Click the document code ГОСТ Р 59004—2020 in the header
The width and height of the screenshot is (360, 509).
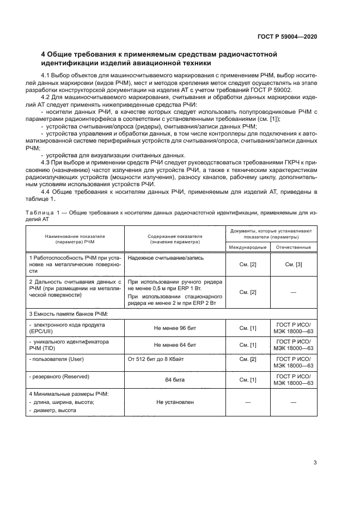coord(287,36)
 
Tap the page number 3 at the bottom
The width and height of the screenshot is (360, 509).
coord(315,463)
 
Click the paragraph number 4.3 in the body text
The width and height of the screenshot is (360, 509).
coord(47,162)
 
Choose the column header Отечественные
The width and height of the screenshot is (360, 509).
coord(294,247)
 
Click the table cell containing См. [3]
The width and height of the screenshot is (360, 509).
coord(294,264)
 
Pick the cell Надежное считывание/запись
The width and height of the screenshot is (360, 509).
coord(158,257)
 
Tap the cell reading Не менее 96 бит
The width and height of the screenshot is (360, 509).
coord(175,329)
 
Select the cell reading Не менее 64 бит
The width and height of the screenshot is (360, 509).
coord(175,345)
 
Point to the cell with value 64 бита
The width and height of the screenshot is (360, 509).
coord(175,379)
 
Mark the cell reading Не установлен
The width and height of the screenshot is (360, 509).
coord(175,402)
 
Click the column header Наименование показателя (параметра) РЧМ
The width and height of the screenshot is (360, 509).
coord(75,240)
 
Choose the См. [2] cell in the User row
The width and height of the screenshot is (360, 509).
coord(248,359)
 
